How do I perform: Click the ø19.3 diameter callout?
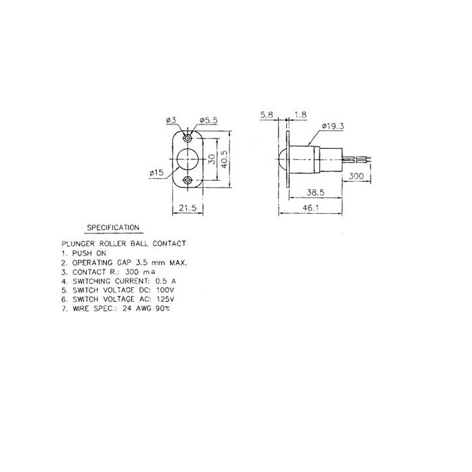[x=332, y=126]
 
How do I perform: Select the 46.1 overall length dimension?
[x=311, y=208]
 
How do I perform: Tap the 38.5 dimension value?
[x=315, y=192]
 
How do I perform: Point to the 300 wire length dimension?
[x=356, y=175]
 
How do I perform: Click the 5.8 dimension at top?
[x=266, y=115]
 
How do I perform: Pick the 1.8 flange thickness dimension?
[x=301, y=115]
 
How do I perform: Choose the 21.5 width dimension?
[x=188, y=208]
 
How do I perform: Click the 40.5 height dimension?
[x=225, y=159]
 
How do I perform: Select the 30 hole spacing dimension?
[x=212, y=159]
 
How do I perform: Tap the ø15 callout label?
[x=157, y=173]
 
